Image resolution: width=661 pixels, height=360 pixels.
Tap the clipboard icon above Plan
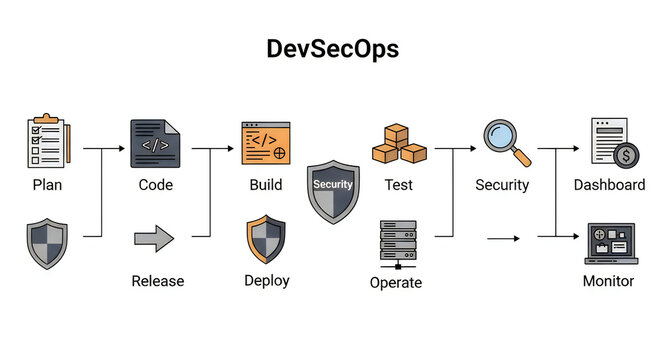coord(46,143)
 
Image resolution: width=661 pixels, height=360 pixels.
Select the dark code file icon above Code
coord(155,143)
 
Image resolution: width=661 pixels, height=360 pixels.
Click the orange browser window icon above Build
coord(266,143)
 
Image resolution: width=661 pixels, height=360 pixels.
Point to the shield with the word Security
coord(333,189)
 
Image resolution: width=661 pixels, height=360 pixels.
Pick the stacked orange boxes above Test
coord(399,144)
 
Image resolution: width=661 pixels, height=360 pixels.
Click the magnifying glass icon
coord(506,142)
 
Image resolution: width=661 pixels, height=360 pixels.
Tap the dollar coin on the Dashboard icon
coord(627,156)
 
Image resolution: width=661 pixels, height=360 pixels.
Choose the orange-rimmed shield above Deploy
coord(266,239)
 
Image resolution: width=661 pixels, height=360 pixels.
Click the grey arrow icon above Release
coord(154,239)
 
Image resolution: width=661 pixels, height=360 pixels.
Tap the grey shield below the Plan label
coord(47,244)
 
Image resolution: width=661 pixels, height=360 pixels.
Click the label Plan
coord(47,184)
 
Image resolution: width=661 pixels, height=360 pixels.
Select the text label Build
coord(266,184)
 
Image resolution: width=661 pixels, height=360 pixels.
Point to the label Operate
coord(396,282)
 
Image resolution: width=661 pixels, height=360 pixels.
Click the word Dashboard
coord(608,184)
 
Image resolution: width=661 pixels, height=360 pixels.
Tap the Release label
coord(158,281)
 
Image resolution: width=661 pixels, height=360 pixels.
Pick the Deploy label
coord(267,280)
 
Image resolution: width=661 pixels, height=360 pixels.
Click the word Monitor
coord(608,281)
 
